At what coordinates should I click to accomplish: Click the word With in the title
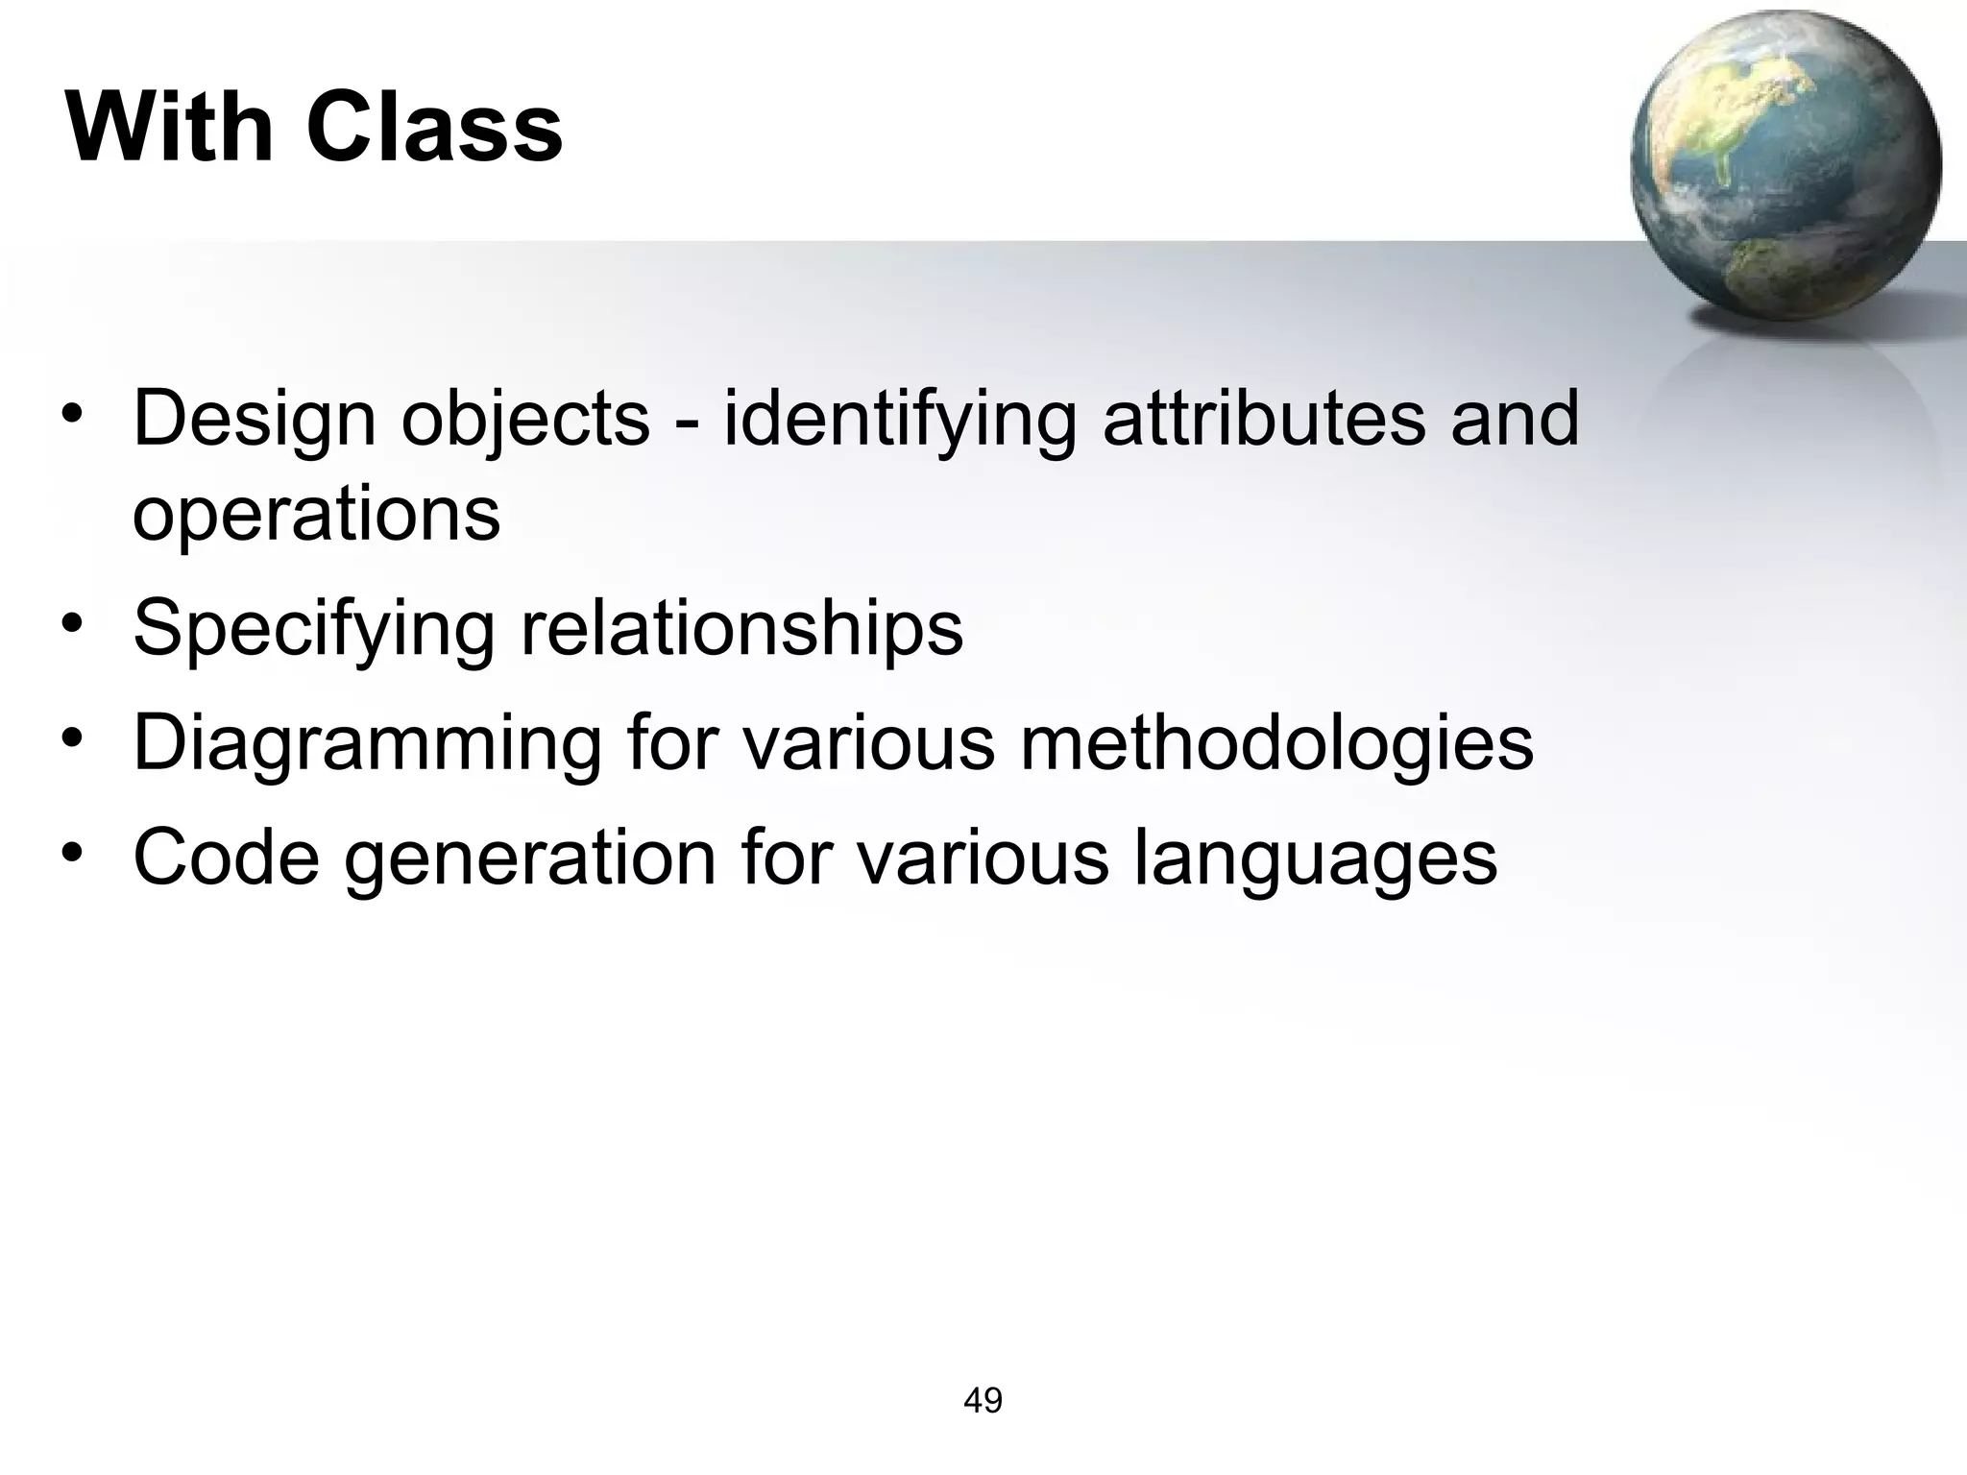pos(170,128)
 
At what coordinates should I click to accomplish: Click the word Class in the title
pos(434,128)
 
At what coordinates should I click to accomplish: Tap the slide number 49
pos(983,1400)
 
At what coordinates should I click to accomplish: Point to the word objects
pos(524,420)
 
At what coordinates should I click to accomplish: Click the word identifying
pos(900,420)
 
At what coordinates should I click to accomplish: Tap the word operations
pos(316,516)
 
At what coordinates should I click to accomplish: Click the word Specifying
pos(313,630)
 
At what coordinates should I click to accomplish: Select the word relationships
pos(741,628)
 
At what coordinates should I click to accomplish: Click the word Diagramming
pos(367,744)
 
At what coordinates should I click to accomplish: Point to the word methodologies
pos(1276,744)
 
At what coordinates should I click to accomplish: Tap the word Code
pos(226,857)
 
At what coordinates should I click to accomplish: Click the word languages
pos(1315,858)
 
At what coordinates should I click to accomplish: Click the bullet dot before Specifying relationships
pos(72,625)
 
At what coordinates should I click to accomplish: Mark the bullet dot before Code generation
pos(72,854)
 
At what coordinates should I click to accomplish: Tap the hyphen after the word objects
pos(687,423)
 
